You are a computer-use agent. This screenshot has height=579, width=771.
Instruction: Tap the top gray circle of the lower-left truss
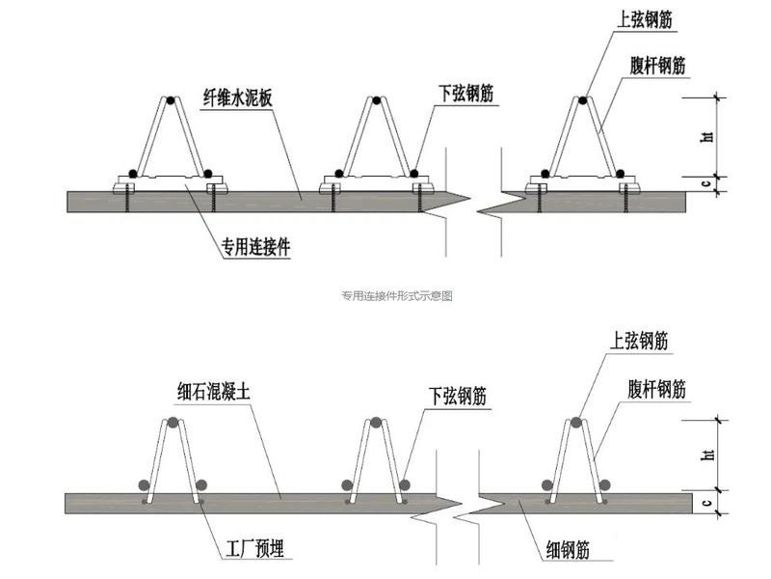click(173, 422)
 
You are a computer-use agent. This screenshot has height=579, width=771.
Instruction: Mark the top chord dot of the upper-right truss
click(584, 99)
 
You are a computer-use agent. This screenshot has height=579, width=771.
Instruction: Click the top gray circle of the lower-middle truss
click(377, 422)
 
